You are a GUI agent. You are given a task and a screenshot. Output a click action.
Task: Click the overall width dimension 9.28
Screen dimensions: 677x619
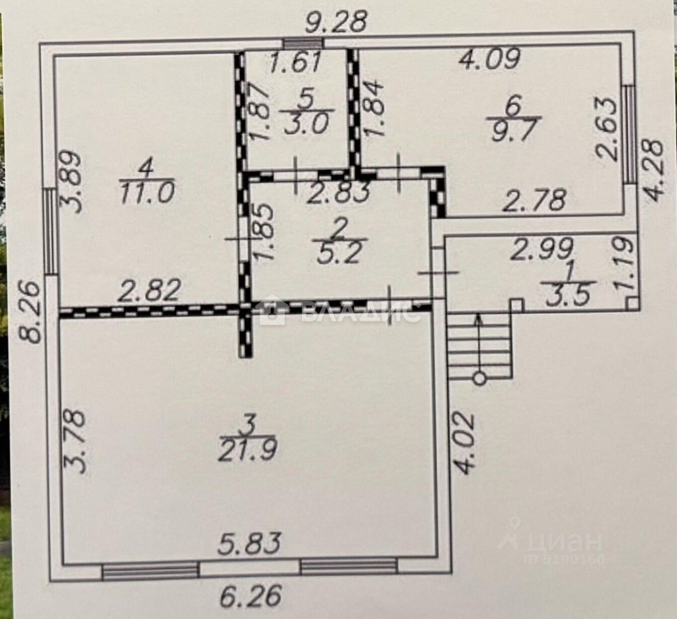[x=336, y=22]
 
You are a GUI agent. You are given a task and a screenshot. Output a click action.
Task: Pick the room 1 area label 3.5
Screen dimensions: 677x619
[x=568, y=295]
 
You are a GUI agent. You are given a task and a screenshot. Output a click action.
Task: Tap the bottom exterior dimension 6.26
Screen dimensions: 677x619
[x=250, y=597]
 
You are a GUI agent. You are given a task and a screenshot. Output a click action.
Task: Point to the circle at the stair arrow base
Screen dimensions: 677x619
[x=479, y=378]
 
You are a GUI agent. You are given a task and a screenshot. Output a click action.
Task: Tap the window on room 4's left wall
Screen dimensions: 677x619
[x=49, y=231]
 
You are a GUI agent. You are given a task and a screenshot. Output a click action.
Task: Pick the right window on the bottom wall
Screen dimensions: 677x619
[x=349, y=567]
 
